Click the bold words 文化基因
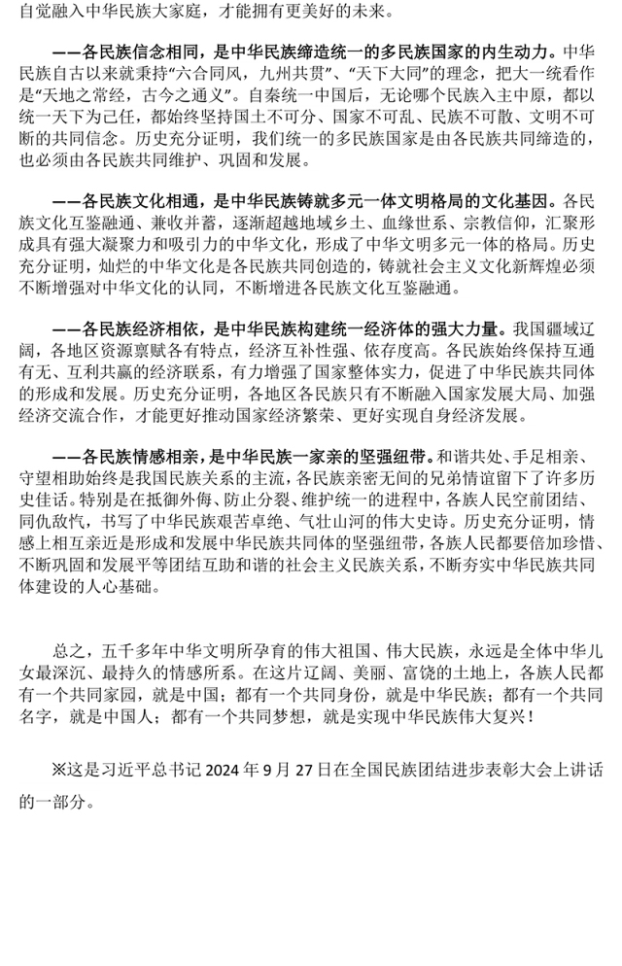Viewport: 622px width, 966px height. [511, 202]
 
